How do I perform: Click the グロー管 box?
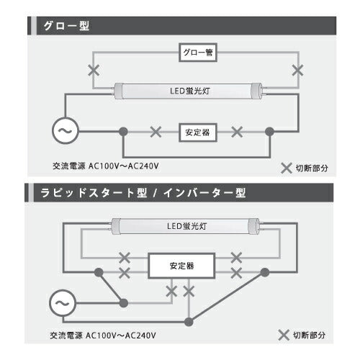(x=197, y=53)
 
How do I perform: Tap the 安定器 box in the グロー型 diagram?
(x=198, y=132)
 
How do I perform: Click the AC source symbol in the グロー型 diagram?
(x=64, y=132)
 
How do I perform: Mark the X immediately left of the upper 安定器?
(x=155, y=132)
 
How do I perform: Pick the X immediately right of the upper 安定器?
(x=239, y=132)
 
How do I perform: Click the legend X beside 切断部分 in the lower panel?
(x=285, y=336)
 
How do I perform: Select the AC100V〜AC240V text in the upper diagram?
(x=127, y=165)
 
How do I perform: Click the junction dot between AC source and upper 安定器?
(x=124, y=132)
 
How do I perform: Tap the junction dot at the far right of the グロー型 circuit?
(x=270, y=132)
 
